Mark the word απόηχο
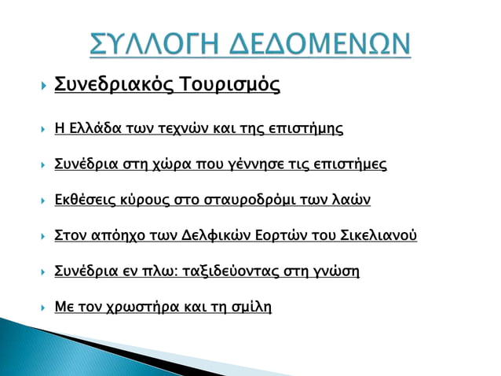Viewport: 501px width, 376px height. tap(117, 236)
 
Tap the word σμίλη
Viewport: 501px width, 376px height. tap(252, 307)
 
